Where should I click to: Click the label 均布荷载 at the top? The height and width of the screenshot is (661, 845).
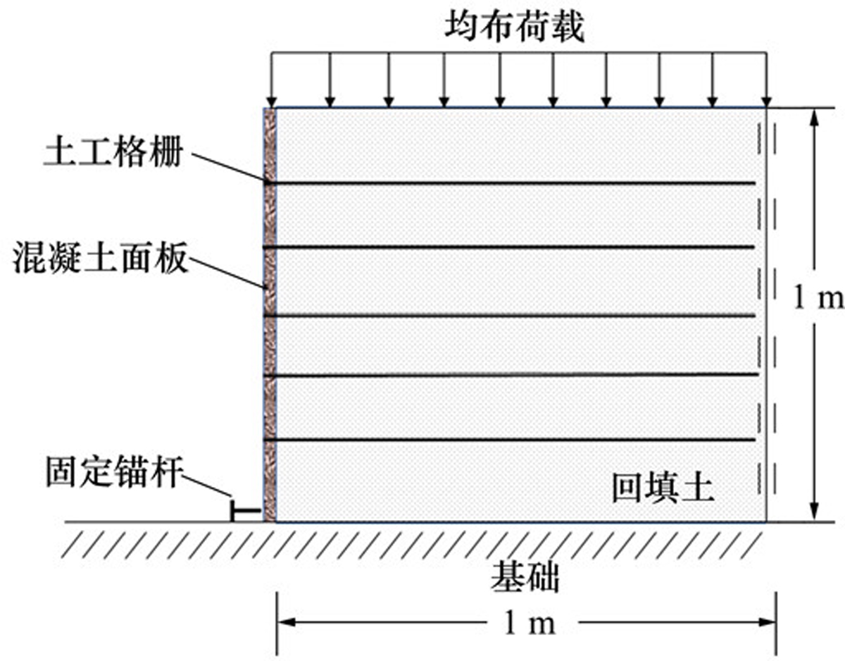click(x=515, y=27)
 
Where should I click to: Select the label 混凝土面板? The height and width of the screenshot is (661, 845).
click(x=101, y=257)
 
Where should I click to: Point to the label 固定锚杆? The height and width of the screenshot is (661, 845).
click(x=114, y=472)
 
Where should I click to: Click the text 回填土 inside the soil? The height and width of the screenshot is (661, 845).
click(x=663, y=488)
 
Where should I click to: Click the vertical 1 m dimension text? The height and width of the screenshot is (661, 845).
click(x=818, y=298)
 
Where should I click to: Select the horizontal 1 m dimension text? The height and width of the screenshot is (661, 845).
click(x=530, y=623)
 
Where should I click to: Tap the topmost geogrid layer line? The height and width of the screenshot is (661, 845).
click(x=509, y=183)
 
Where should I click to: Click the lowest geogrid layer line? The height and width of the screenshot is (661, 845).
click(x=509, y=440)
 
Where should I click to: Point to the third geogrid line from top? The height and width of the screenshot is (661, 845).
click(x=509, y=316)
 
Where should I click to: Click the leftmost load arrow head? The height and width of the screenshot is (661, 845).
click(x=273, y=102)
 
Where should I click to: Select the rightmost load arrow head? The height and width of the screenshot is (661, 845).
click(x=766, y=102)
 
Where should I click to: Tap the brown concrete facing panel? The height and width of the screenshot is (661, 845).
click(x=270, y=314)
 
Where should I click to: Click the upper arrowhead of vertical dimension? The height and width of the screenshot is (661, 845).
click(x=814, y=118)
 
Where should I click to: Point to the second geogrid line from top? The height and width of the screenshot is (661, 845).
click(x=508, y=247)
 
